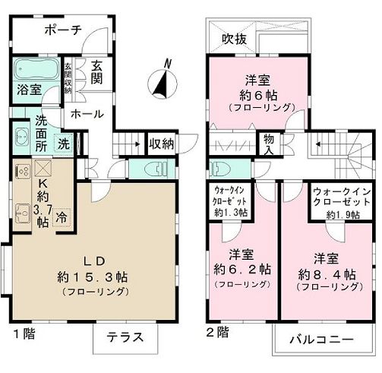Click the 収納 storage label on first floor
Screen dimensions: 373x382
pos(161,143)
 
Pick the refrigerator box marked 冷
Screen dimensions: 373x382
pos(63,216)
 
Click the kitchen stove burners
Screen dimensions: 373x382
pos(21,170)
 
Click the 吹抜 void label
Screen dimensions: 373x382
pos(233,39)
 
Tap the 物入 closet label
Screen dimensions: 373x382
pos(269,143)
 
